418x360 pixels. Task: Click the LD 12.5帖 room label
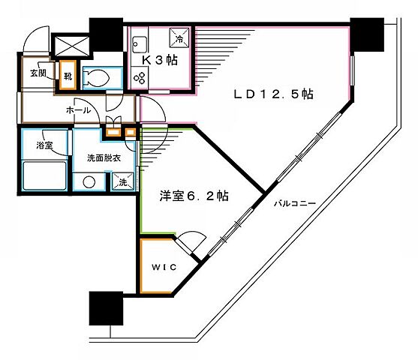point(273,94)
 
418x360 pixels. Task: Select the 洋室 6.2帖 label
point(194,196)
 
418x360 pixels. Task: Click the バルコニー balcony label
point(293,202)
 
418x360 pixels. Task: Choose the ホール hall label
point(78,110)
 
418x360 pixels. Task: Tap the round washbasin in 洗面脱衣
point(89,182)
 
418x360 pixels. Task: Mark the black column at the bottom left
point(105,307)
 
